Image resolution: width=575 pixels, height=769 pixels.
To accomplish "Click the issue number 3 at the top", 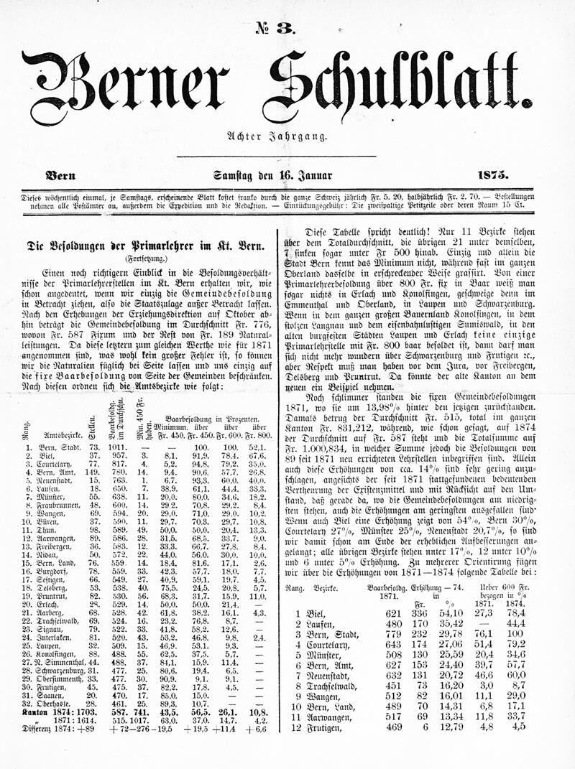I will click(270, 27).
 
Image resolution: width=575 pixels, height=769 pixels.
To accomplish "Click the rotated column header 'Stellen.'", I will click(92, 427).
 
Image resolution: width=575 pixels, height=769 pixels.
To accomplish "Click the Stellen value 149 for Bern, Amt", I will click(92, 472).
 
